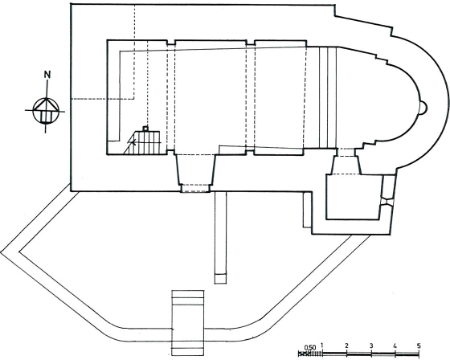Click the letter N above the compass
(x=47, y=75)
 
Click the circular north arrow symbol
(x=45, y=111)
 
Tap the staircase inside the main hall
(x=142, y=143)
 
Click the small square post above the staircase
(x=145, y=129)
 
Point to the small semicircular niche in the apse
(x=424, y=108)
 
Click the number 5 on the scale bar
(x=419, y=346)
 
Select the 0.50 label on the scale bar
(x=310, y=347)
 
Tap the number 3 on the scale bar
(x=371, y=346)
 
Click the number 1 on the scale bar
(x=322, y=345)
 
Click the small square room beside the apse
(x=354, y=197)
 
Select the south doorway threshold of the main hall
(x=195, y=188)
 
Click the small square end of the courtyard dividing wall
(x=220, y=279)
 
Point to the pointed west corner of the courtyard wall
(x=1, y=252)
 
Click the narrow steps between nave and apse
(x=328, y=97)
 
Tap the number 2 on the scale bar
(x=346, y=346)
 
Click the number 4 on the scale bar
(x=395, y=346)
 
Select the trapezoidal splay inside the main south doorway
(x=195, y=170)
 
